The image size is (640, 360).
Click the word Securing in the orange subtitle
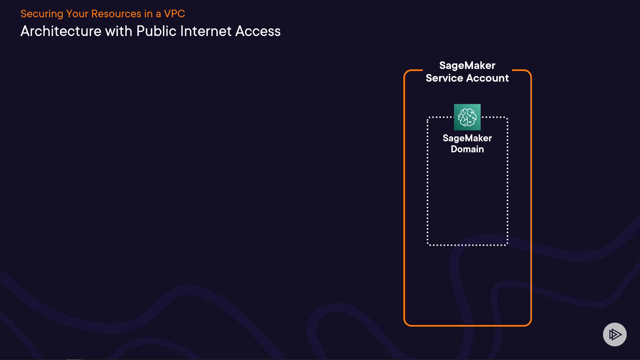42,14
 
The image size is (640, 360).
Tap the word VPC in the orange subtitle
174,14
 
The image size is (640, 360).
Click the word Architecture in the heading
61,31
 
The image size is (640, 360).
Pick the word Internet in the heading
206,31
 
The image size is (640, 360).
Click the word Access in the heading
258,31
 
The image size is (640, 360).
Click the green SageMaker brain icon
467,117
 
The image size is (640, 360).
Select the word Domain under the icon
467,149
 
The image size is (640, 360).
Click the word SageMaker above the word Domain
467,138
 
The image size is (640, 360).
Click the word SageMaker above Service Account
467,65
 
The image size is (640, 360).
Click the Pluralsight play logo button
615,334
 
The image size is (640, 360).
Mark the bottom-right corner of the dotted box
507,245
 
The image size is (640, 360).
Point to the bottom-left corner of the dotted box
428,245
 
